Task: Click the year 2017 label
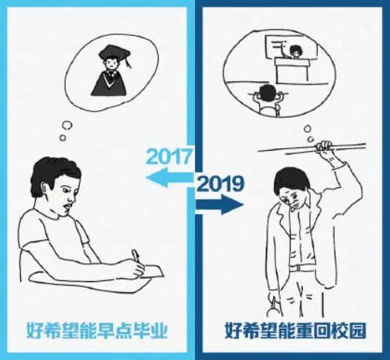[x=169, y=158]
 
